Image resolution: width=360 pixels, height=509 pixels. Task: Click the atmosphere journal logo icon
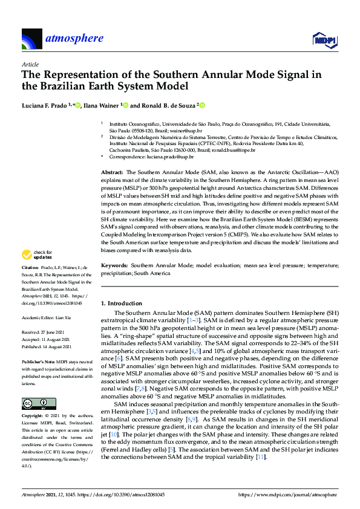coord(31,39)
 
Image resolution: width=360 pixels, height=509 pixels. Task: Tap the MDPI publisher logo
coord(324,39)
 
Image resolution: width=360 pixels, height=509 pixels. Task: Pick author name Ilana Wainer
coord(100,105)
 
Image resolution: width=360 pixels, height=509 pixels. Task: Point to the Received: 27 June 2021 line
coord(43,332)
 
